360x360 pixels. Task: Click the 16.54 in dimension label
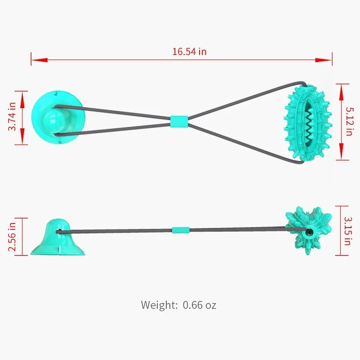(x=189, y=51)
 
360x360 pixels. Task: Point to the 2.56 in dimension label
(x=12, y=236)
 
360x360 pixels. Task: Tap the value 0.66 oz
(x=200, y=305)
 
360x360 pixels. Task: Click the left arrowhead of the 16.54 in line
(x=34, y=59)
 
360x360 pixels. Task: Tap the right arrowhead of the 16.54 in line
(x=329, y=59)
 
